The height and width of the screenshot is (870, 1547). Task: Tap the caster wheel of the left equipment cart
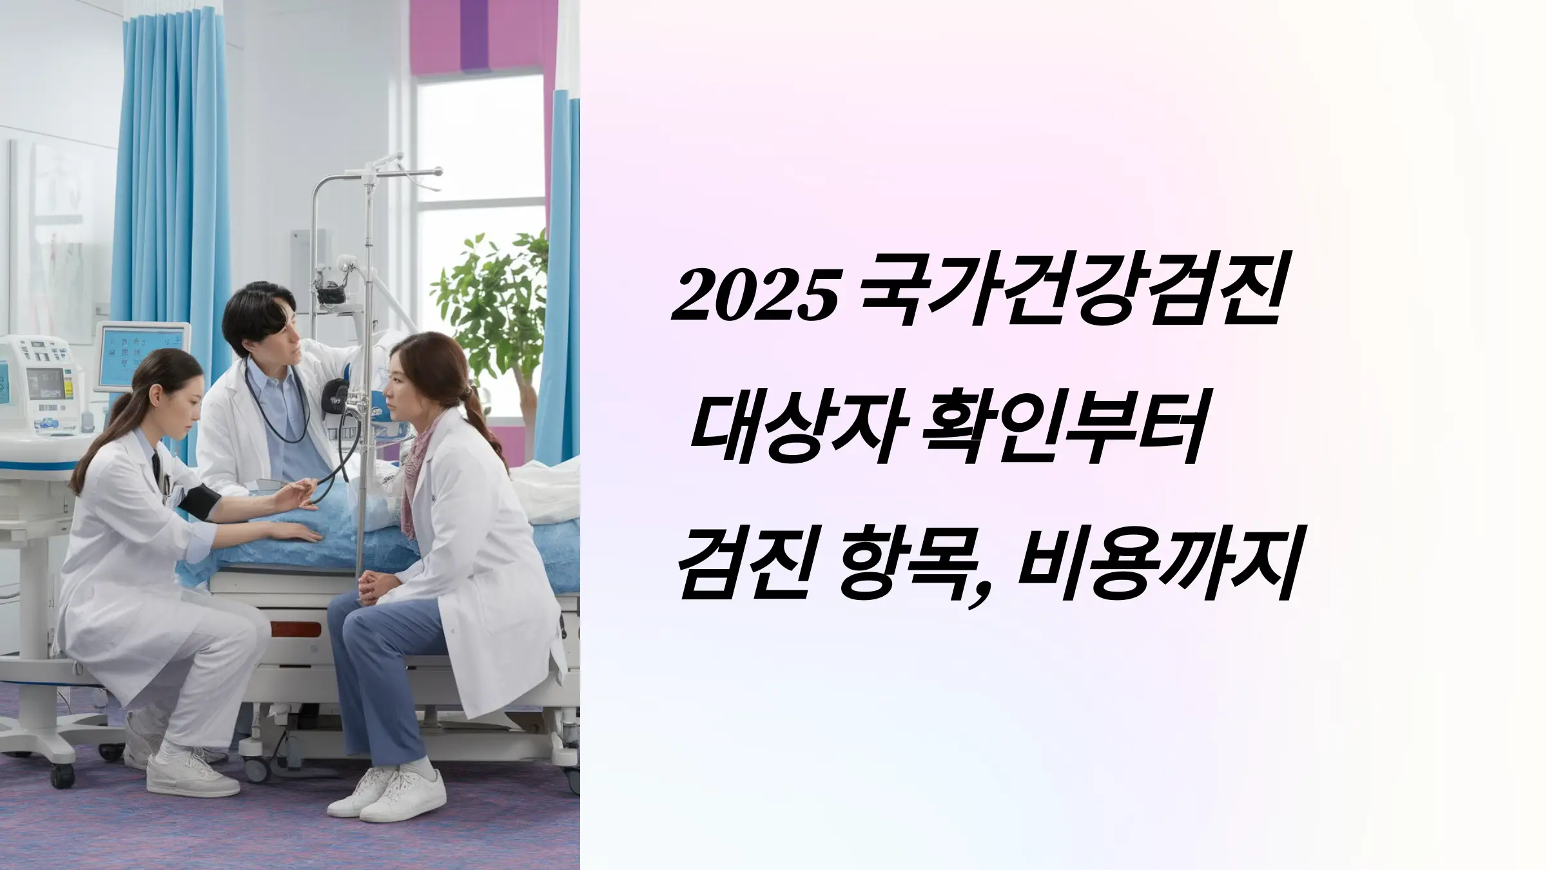click(63, 776)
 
